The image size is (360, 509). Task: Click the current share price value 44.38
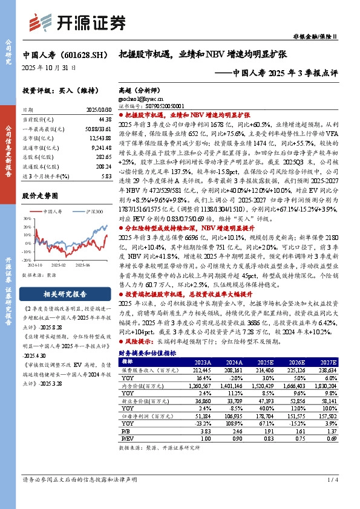(103, 121)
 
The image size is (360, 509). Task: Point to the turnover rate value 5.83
(106, 176)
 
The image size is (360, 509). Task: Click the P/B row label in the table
(125, 431)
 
